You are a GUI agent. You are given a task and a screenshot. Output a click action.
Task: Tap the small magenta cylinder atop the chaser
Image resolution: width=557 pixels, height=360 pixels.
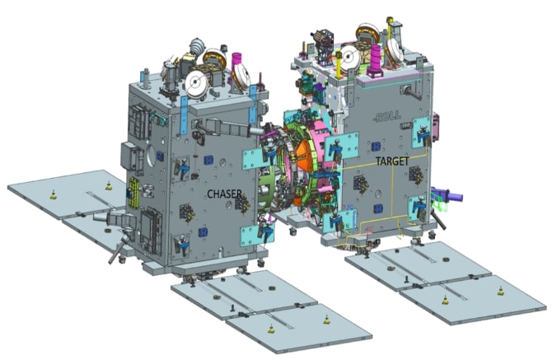click(239, 62)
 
